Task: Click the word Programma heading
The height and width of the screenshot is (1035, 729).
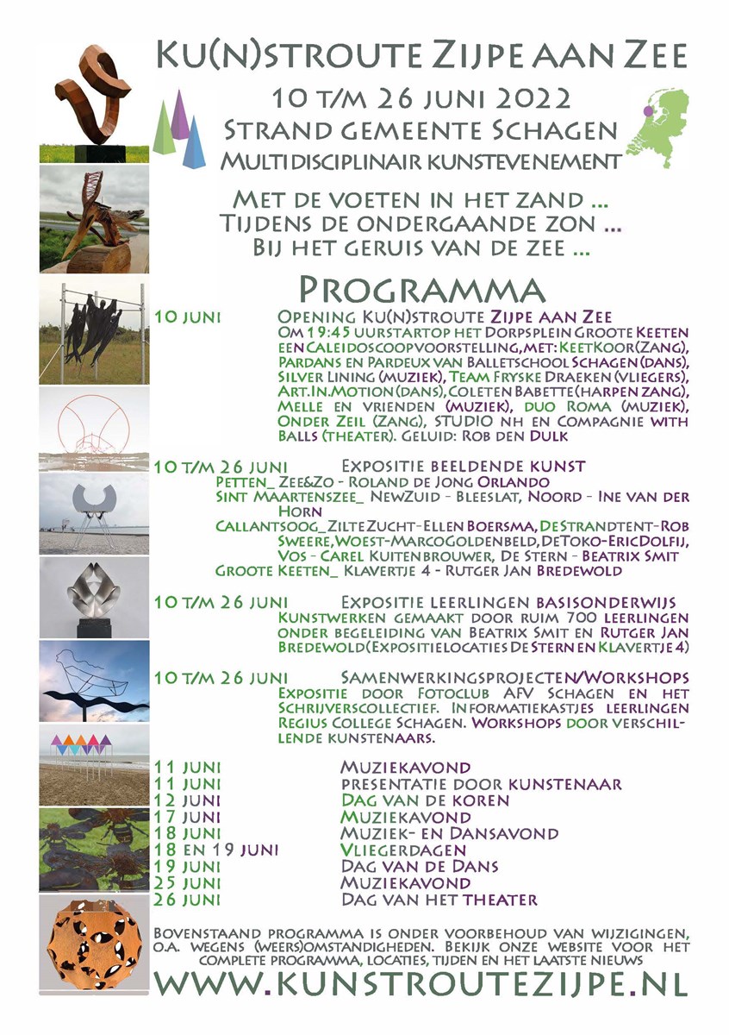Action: (x=421, y=289)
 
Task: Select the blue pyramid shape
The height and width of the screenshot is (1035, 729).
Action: (x=195, y=142)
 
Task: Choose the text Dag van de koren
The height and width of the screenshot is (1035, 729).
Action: (x=425, y=800)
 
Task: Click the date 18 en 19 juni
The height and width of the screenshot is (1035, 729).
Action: (x=215, y=850)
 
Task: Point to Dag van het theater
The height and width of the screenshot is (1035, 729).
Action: (x=439, y=900)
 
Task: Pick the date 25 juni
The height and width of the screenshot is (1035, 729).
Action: (x=187, y=883)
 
